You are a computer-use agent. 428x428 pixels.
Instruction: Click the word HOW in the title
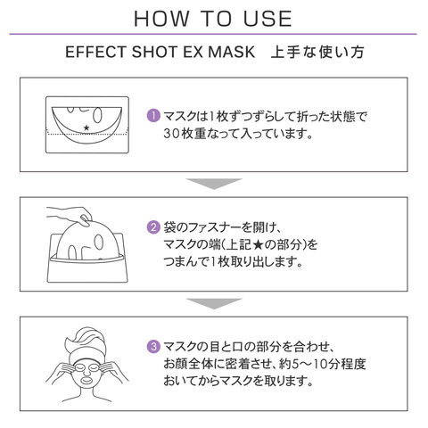pos(161,19)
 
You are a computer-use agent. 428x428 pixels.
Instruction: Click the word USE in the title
pos(267,19)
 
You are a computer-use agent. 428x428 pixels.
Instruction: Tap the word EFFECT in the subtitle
pos(96,52)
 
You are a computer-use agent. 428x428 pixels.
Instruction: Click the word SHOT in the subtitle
pos(154,52)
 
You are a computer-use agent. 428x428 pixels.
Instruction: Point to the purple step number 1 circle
pos(153,116)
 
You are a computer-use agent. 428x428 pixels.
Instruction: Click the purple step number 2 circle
pos(153,227)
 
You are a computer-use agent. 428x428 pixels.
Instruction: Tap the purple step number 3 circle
pos(153,347)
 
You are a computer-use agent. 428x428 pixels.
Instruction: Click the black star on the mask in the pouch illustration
pos(86,128)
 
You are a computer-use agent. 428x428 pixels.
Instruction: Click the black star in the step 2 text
pos(258,245)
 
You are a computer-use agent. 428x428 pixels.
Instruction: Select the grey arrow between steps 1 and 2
pos(214,184)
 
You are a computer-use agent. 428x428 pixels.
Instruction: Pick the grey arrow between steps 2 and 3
pos(214,303)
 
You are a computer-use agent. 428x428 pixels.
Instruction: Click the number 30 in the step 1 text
pos(172,134)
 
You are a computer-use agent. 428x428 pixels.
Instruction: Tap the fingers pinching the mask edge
pos(85,220)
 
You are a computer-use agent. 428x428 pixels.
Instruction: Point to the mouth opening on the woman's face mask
pos(86,380)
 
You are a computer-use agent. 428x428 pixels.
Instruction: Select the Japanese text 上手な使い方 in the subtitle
pos(317,52)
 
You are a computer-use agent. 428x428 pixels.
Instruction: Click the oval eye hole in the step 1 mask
pos(98,115)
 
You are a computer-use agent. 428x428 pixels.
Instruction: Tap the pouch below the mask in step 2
pos(87,271)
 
